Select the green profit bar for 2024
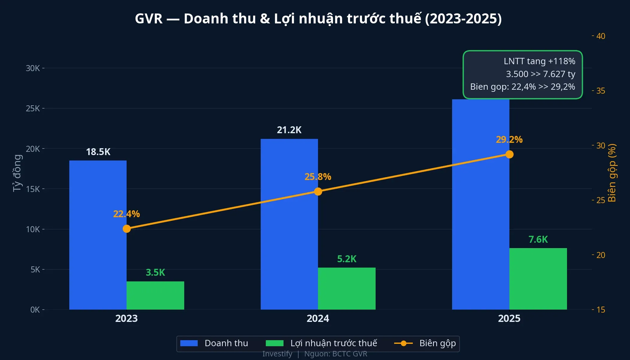click(x=346, y=288)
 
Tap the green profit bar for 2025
click(x=538, y=279)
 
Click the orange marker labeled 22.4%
click(x=127, y=229)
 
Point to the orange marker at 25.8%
click(x=318, y=191)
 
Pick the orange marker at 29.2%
click(x=509, y=154)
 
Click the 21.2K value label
click(x=289, y=130)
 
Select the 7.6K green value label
click(x=538, y=239)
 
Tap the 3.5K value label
click(x=155, y=272)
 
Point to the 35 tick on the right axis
click(x=600, y=91)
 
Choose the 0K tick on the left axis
click(x=35, y=310)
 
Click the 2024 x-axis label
click(x=318, y=318)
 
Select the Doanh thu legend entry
click(x=214, y=343)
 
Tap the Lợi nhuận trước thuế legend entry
click(x=321, y=343)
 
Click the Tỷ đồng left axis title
click(x=17, y=173)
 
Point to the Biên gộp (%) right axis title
click(x=612, y=173)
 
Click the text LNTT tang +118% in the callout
click(x=539, y=61)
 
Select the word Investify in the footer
click(x=277, y=354)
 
